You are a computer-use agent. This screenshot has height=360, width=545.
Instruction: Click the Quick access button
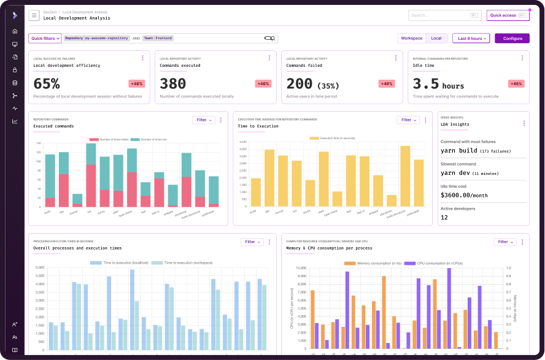click(x=508, y=15)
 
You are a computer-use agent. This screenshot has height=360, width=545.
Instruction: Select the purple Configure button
click(x=512, y=38)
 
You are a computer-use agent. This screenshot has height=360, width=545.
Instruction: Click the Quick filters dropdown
click(x=45, y=38)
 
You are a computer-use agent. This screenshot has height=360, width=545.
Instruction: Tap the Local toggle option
click(x=436, y=38)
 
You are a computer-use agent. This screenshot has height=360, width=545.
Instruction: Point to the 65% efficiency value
click(x=47, y=84)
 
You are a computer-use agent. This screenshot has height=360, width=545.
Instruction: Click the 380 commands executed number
click(x=172, y=84)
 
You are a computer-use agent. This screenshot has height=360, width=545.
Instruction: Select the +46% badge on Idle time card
click(x=517, y=83)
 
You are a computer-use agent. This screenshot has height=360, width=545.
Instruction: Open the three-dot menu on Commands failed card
click(x=396, y=58)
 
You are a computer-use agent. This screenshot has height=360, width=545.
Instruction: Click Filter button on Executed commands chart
click(x=203, y=120)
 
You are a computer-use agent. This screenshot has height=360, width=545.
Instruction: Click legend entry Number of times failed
click(x=109, y=139)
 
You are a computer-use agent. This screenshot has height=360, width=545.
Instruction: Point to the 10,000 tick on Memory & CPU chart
click(x=301, y=268)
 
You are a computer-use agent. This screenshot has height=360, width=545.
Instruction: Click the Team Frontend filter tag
click(x=158, y=38)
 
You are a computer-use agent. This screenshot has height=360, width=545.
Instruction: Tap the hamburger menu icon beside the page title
click(x=34, y=15)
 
